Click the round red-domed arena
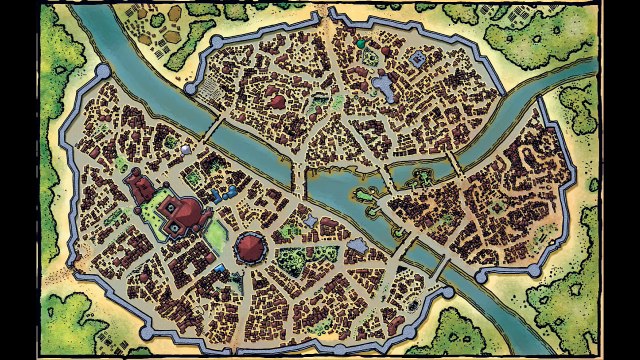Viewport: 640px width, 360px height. coord(250,244)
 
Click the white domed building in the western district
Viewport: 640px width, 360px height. coord(186,149)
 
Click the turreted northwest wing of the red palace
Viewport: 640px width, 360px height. coord(136,184)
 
